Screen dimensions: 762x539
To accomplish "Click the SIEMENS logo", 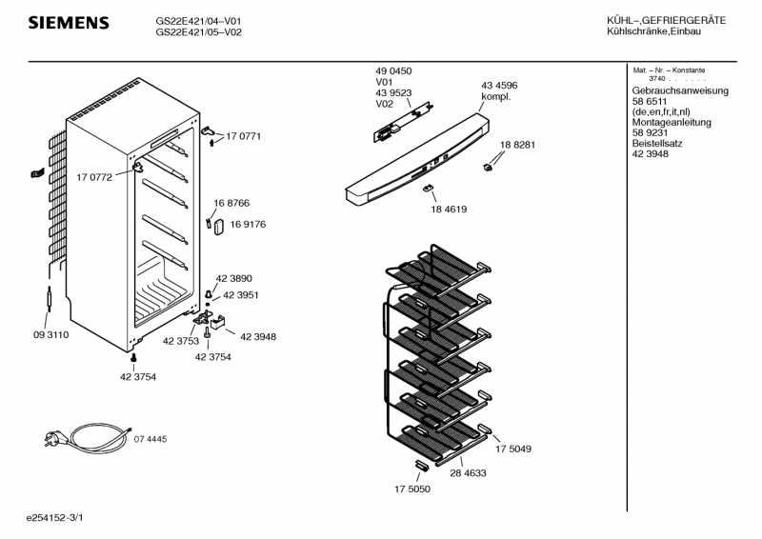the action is pyautogui.click(x=69, y=23).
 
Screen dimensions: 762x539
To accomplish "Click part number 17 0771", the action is pyautogui.click(x=244, y=136).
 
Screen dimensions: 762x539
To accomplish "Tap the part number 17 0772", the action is pyautogui.click(x=94, y=177).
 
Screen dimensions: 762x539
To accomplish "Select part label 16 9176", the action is pyautogui.click(x=248, y=225).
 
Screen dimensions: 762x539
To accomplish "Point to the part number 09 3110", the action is pyautogui.click(x=51, y=335).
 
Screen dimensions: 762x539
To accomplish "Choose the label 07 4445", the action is pyautogui.click(x=150, y=439).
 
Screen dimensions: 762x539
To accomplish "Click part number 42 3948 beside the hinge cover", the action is pyautogui.click(x=258, y=337).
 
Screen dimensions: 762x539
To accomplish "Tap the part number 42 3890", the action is pyautogui.click(x=233, y=278).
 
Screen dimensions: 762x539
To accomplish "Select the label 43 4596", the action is pyautogui.click(x=499, y=86).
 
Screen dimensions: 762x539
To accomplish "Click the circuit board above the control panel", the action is pyautogui.click(x=402, y=123).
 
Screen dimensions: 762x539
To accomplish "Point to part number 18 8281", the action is pyautogui.click(x=517, y=145).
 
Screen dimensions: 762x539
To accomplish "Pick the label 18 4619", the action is pyautogui.click(x=449, y=210).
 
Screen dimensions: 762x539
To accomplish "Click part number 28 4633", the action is pyautogui.click(x=468, y=473).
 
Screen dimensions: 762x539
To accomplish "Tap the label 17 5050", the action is pyautogui.click(x=412, y=489).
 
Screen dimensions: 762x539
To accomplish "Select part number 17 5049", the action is pyautogui.click(x=513, y=449).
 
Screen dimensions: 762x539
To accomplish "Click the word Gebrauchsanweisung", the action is pyautogui.click(x=680, y=90).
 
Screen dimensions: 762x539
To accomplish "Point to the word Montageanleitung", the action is pyautogui.click(x=672, y=123).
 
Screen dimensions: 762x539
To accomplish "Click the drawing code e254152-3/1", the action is pyautogui.click(x=55, y=518).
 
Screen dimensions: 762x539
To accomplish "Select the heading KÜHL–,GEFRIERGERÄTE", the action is pyautogui.click(x=666, y=20).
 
